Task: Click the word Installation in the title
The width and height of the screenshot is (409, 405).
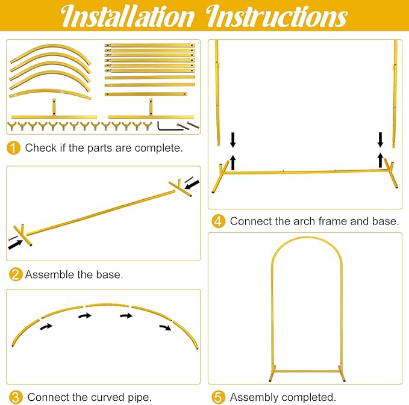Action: [x=127, y=16]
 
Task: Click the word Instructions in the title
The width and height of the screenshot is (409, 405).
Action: [x=276, y=16]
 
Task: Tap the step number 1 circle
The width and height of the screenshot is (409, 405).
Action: [x=13, y=148]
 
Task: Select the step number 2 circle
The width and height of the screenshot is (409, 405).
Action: [x=16, y=274]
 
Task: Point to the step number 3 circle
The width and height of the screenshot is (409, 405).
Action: [x=16, y=397]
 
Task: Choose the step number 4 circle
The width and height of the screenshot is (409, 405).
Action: [x=218, y=221]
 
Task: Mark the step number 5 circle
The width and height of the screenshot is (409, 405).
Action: [x=218, y=397]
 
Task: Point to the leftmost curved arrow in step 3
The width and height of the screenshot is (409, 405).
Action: [x=46, y=326]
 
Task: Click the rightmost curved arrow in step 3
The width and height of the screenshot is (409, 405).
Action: [x=166, y=327]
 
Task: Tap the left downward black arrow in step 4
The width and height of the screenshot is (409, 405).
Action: [x=233, y=140]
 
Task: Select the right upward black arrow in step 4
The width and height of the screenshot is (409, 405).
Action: [x=381, y=160]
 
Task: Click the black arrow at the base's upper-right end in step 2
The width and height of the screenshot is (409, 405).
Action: [x=192, y=185]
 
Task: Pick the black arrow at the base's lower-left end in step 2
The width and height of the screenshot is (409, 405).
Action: [x=16, y=245]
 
